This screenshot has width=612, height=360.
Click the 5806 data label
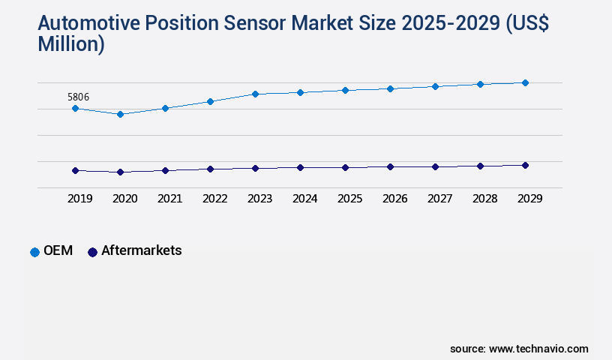coord(79,97)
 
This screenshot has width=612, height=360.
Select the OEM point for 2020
coord(120,114)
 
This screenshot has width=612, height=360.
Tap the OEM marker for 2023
coord(255,94)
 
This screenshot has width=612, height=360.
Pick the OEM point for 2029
coord(525,82)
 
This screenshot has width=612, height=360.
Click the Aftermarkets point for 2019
coord(75,170)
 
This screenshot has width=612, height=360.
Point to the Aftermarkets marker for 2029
coord(525,165)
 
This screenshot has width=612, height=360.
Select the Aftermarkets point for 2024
coord(300,167)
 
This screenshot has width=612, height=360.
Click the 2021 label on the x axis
coord(169,199)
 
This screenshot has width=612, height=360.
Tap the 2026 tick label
coord(394,199)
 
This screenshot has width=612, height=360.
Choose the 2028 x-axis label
coord(484,199)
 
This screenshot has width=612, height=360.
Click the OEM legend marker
coord(34,252)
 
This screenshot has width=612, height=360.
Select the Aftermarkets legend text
coord(141,250)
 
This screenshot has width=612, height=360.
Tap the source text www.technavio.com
coord(538,349)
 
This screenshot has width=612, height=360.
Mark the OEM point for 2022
coord(210,101)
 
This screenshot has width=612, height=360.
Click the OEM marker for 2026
coord(390,88)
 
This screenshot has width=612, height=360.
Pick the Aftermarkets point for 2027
coord(435,166)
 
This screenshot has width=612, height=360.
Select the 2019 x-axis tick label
coord(79,199)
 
